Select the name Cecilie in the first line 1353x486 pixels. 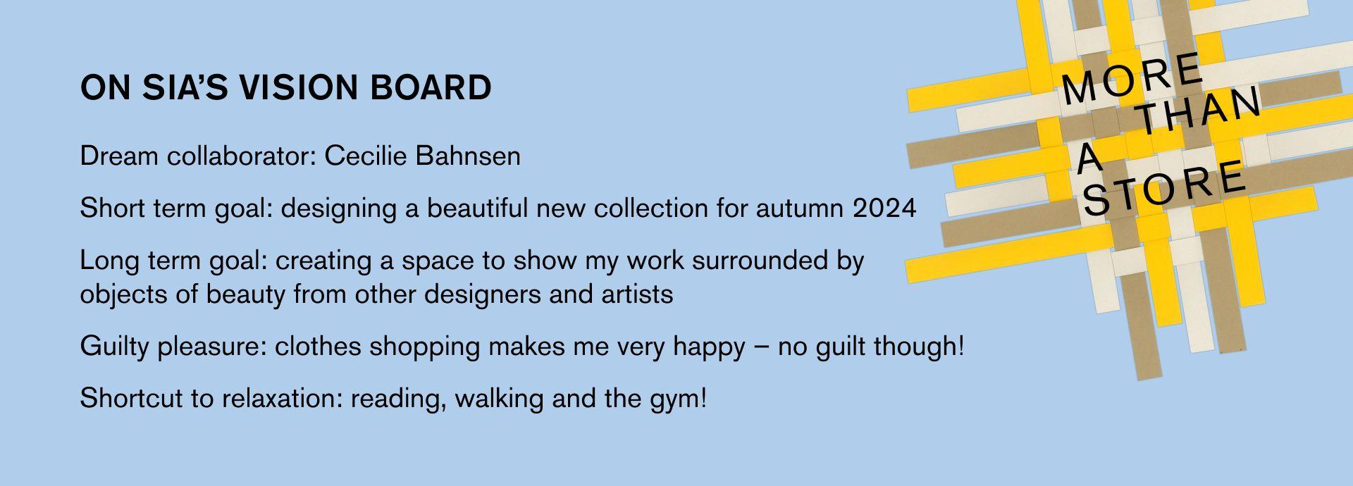tap(366, 156)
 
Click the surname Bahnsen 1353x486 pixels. tap(469, 156)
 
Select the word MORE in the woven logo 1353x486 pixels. tap(1132, 78)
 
